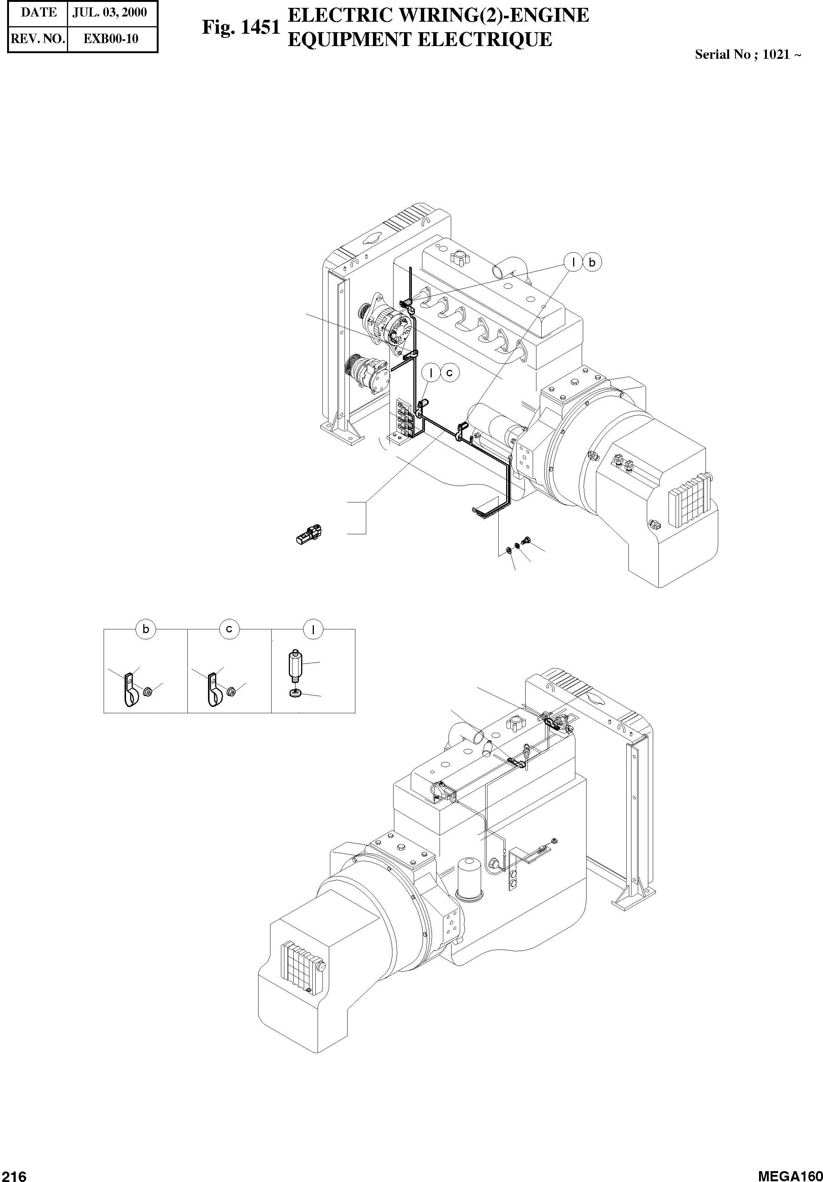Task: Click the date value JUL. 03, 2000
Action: pos(110,13)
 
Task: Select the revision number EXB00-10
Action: pos(111,39)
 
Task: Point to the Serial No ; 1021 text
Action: pos(747,55)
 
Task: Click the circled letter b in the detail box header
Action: pos(146,629)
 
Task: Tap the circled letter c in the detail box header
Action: pos(229,629)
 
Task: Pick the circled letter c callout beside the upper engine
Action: pos(450,372)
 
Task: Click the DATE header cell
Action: pos(39,13)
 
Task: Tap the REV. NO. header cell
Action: pos(37,39)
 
